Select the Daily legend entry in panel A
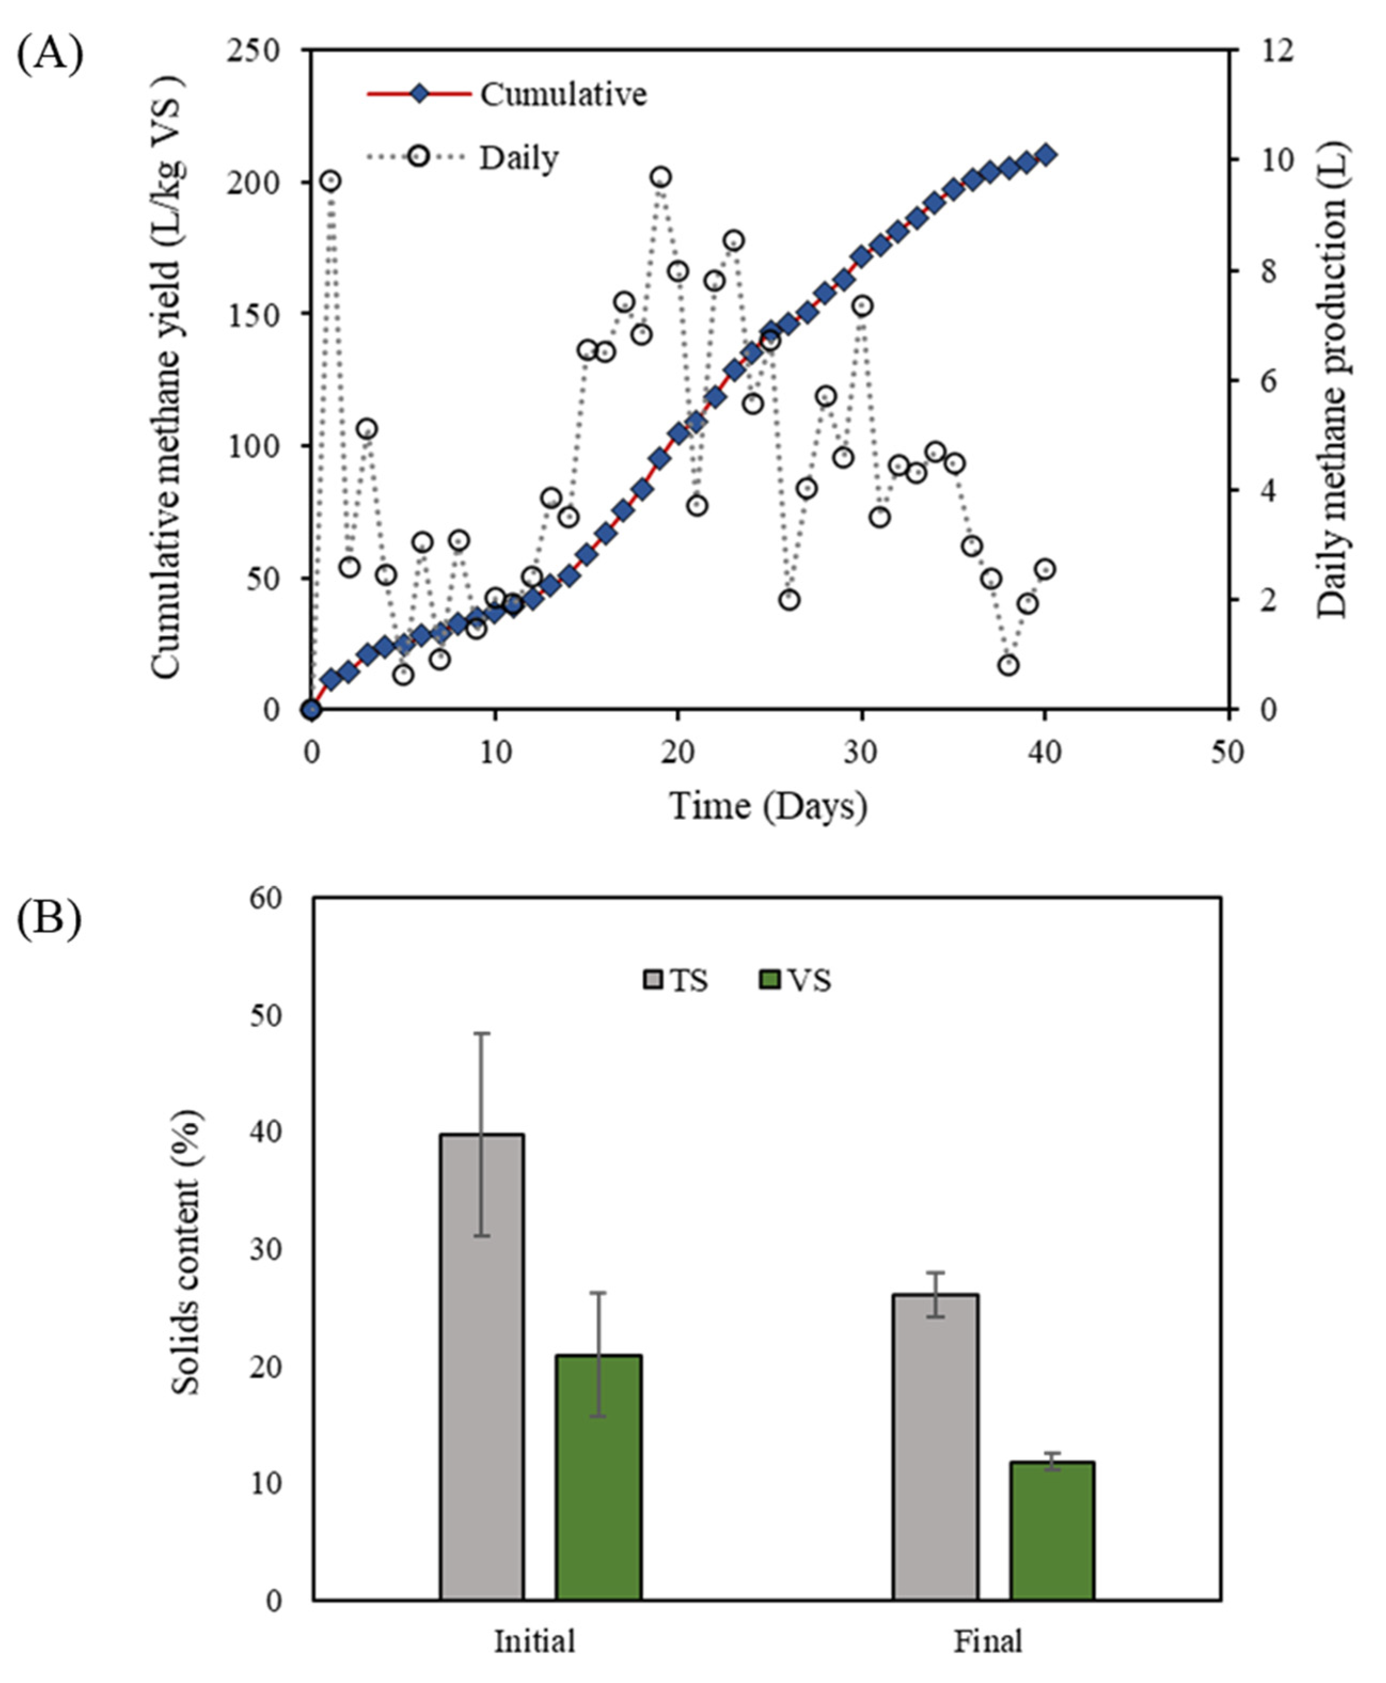click(518, 157)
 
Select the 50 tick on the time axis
click(1227, 751)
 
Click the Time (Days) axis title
click(768, 807)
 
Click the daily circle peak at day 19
click(660, 177)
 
